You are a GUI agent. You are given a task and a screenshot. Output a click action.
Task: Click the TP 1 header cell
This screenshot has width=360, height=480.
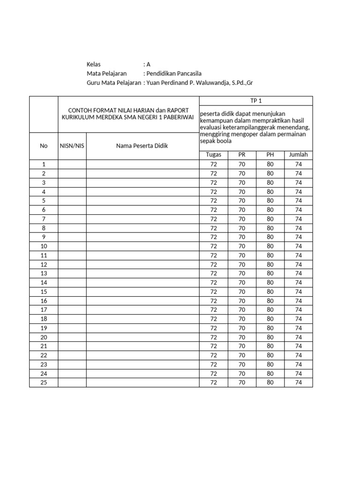pyautogui.click(x=256, y=101)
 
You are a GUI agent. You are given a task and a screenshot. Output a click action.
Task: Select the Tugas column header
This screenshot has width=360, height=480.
pyautogui.click(x=213, y=155)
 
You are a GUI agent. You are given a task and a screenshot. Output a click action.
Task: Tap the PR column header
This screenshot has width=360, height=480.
pyautogui.click(x=242, y=155)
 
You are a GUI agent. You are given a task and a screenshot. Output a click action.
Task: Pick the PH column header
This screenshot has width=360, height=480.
pyautogui.click(x=270, y=155)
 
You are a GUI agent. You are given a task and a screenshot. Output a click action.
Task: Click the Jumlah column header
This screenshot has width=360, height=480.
pyautogui.click(x=298, y=155)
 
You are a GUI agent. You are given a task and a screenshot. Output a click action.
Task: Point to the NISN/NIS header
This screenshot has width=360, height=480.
pyautogui.click(x=72, y=146)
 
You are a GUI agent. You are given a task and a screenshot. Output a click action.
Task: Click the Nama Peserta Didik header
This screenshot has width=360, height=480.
pyautogui.click(x=142, y=146)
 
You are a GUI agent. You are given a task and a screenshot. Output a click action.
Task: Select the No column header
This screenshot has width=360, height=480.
pyautogui.click(x=44, y=146)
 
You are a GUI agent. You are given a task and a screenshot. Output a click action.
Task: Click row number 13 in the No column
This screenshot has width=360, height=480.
pyautogui.click(x=44, y=273)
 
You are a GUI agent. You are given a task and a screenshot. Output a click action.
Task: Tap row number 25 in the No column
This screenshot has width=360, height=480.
pyautogui.click(x=44, y=382)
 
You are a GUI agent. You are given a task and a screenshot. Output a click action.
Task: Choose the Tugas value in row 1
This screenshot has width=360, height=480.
pyautogui.click(x=213, y=164)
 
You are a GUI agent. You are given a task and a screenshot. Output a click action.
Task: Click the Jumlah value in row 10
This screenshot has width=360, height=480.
pyautogui.click(x=298, y=246)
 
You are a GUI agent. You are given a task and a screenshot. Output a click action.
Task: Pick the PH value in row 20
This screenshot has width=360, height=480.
pyautogui.click(x=270, y=337)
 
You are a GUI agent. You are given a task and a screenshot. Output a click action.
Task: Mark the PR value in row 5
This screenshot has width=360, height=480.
pyautogui.click(x=242, y=201)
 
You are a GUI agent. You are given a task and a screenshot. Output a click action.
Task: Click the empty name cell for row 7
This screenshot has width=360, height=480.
pyautogui.click(x=142, y=219)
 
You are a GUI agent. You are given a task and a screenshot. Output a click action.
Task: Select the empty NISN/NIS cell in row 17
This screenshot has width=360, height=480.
pyautogui.click(x=72, y=310)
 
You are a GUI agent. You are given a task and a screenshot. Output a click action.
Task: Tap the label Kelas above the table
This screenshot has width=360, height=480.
pyautogui.click(x=94, y=64)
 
